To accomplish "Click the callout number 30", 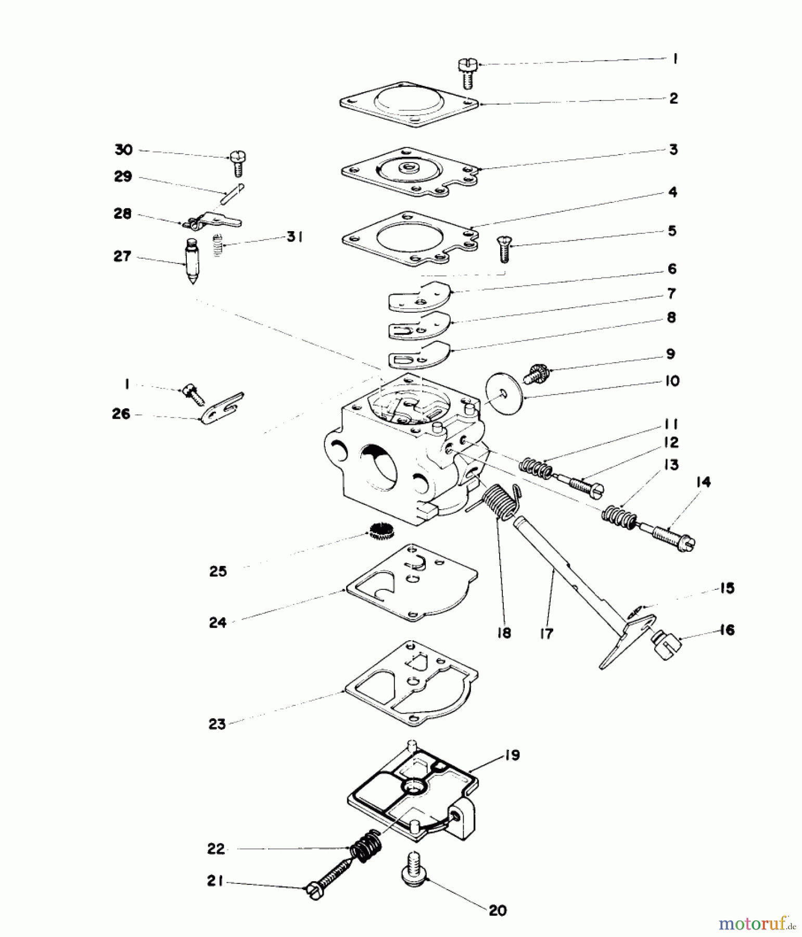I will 123,150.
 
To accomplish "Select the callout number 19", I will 512,755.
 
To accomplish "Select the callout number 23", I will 217,724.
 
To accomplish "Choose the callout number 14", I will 703,482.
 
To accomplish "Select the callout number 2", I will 673,98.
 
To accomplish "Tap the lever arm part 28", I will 213,221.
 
